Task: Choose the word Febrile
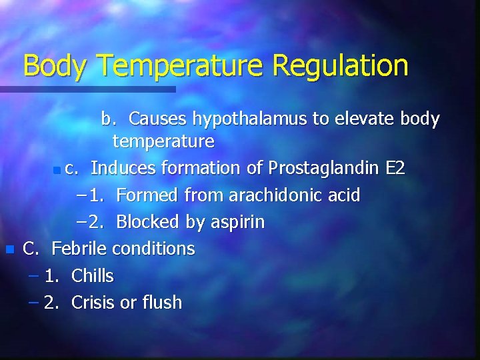pyautogui.click(x=79, y=249)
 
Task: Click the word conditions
pyautogui.click(x=153, y=249)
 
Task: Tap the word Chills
pyautogui.click(x=92, y=275)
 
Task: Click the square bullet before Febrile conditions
pyautogui.click(x=9, y=250)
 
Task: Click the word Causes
pyautogui.click(x=157, y=119)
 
